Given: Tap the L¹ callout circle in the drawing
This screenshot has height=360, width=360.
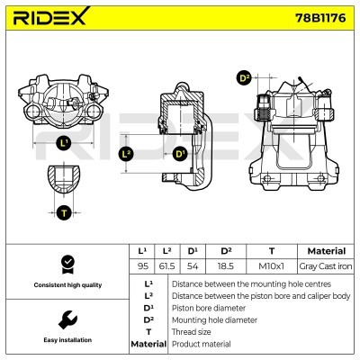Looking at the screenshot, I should click(x=63, y=142).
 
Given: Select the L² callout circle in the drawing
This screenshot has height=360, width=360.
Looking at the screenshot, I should click(x=127, y=155).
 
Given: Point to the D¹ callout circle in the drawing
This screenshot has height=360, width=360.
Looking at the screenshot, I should click(x=180, y=155).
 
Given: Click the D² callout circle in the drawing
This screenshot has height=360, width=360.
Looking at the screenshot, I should click(x=243, y=78).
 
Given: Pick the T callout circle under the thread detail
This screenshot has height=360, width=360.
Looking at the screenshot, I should click(x=64, y=212).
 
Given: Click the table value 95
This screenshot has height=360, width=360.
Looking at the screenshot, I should click(x=141, y=266).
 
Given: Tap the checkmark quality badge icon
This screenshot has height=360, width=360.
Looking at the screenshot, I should click(x=65, y=265).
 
